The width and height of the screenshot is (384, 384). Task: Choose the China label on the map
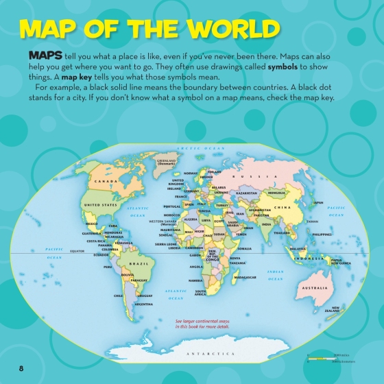(x=282, y=207)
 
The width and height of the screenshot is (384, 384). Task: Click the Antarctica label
(x=211, y=353)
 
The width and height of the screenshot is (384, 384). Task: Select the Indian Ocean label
(x=275, y=276)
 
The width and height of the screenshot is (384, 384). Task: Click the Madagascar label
(x=245, y=277)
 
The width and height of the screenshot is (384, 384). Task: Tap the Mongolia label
(x=276, y=193)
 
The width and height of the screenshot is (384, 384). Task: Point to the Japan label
(x=318, y=203)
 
